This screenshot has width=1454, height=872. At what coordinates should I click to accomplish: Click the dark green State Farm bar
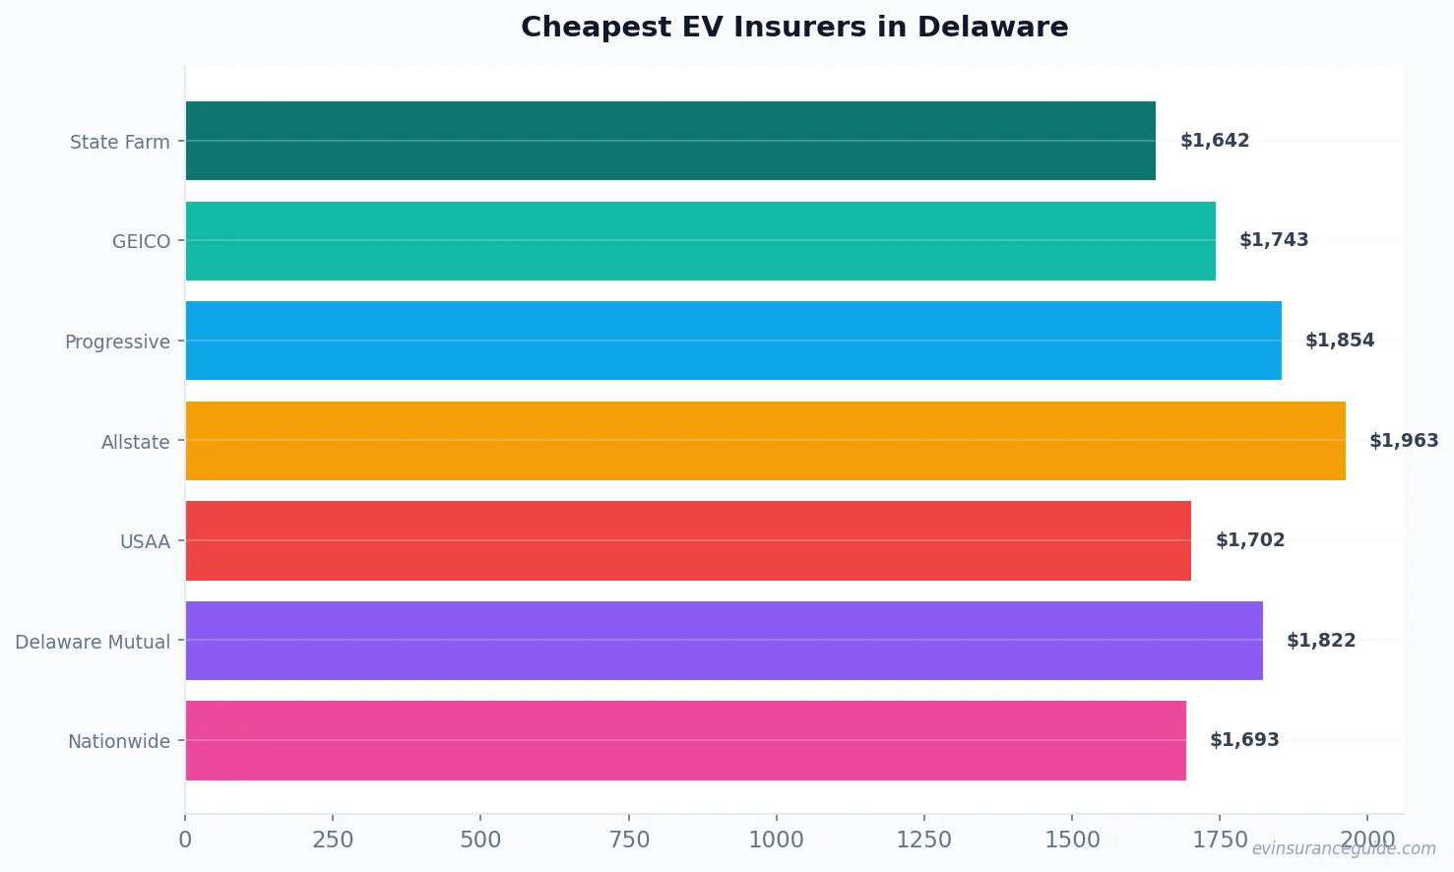[669, 141]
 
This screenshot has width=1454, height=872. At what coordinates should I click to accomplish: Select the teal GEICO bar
[699, 241]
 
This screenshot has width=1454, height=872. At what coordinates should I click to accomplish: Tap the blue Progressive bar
[733, 341]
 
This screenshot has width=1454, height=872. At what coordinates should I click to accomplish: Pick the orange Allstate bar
[765, 441]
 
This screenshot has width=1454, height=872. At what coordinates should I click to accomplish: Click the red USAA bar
[687, 540]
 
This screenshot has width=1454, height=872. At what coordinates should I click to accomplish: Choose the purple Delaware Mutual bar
[724, 641]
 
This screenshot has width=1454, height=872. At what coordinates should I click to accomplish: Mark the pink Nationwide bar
[685, 740]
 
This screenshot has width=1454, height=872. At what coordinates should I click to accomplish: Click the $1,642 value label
[1215, 141]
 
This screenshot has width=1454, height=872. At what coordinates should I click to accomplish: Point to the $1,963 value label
[1403, 441]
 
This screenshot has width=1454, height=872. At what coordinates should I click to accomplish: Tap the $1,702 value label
[1250, 540]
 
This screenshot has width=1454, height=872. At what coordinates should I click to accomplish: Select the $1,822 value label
[1320, 641]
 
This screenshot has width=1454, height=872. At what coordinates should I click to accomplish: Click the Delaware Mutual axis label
[93, 642]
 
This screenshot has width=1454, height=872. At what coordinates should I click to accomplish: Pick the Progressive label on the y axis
[117, 342]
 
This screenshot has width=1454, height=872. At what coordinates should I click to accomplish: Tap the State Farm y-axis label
[119, 142]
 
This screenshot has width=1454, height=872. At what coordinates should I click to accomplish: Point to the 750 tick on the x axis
[629, 840]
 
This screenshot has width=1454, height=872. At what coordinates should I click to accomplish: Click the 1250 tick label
[923, 840]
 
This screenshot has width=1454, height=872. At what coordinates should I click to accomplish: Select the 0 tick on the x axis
[185, 840]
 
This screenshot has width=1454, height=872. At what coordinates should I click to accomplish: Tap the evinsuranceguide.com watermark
[1344, 848]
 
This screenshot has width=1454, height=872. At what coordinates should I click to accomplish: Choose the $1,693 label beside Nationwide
[1244, 740]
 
